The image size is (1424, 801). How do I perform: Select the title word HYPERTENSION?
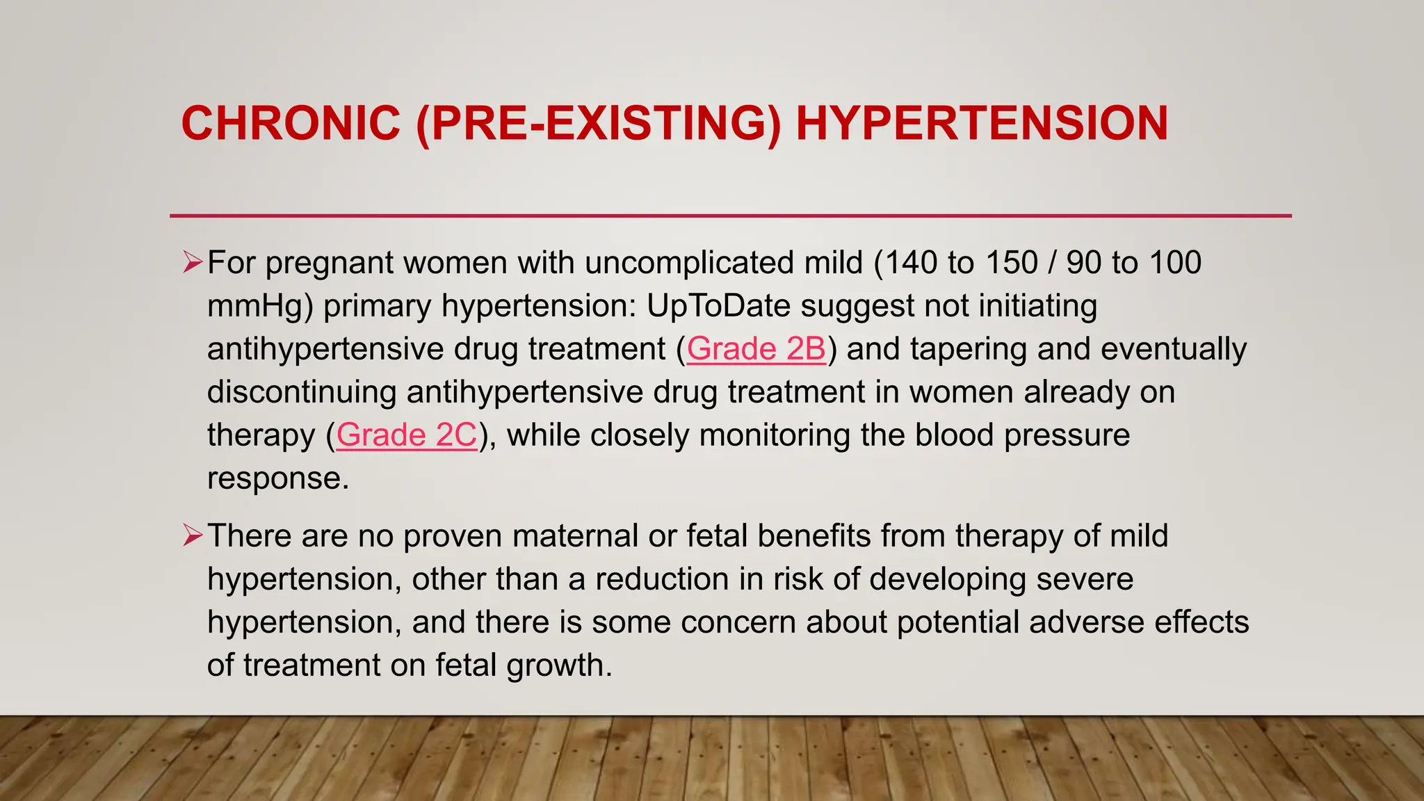(981, 124)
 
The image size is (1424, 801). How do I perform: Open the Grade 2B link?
(756, 349)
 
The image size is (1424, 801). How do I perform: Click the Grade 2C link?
(407, 435)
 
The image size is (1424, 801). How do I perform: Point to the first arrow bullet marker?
(192, 262)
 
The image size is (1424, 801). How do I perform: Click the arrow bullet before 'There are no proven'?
(192, 535)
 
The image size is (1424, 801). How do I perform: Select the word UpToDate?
(719, 306)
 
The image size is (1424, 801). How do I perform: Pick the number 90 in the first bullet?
(1084, 263)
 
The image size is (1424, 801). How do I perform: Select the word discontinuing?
(301, 392)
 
